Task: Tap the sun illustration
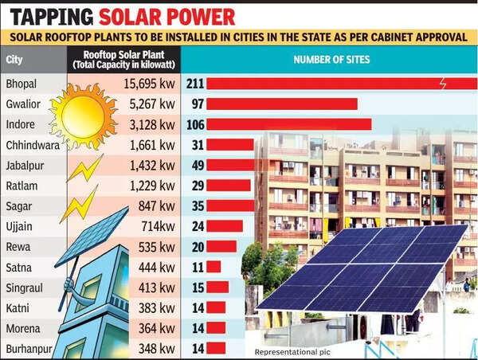[82, 116]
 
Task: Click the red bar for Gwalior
[281, 104]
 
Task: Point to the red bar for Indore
[288, 124]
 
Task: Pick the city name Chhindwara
[33, 145]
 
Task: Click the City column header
[14, 60]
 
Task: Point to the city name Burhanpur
[29, 348]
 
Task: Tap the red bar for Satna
[214, 267]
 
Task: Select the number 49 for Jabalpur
[195, 165]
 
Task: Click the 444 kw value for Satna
[155, 267]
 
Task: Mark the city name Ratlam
[22, 186]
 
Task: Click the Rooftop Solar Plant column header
[123, 60]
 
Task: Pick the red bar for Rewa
[221, 246]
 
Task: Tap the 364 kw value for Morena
[155, 327]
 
